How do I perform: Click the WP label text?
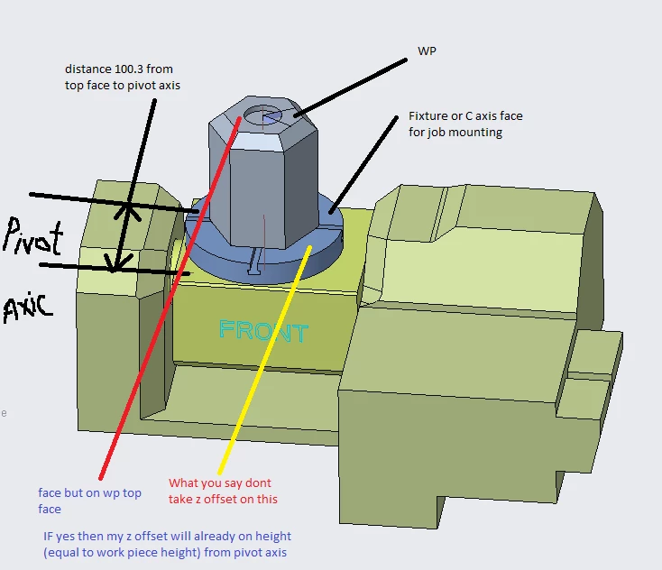pos(427,51)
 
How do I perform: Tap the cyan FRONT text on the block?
pos(264,331)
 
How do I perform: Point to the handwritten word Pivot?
pos(33,237)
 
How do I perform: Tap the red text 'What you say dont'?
pos(220,483)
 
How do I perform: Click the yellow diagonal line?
pos(265,359)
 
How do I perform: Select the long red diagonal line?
pos(170,299)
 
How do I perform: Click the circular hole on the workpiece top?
pos(262,115)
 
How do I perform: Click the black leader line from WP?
pos(351,87)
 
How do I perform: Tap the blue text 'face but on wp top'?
pos(89,493)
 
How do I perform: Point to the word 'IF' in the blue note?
pos(48,537)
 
